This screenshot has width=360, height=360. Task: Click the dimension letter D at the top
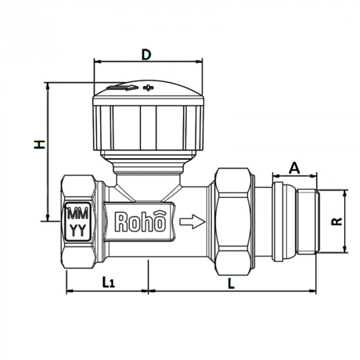(x=147, y=54)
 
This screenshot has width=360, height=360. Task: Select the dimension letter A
(x=294, y=168)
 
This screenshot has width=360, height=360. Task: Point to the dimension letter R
(x=337, y=221)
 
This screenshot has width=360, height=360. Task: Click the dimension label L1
(x=107, y=281)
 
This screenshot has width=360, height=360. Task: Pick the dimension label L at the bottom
(x=231, y=282)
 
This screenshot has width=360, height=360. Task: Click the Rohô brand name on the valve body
(x=140, y=222)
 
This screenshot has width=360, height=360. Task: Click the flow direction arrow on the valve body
(x=192, y=222)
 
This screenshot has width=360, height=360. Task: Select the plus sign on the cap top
(x=148, y=88)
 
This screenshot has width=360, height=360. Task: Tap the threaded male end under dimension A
(x=307, y=221)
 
